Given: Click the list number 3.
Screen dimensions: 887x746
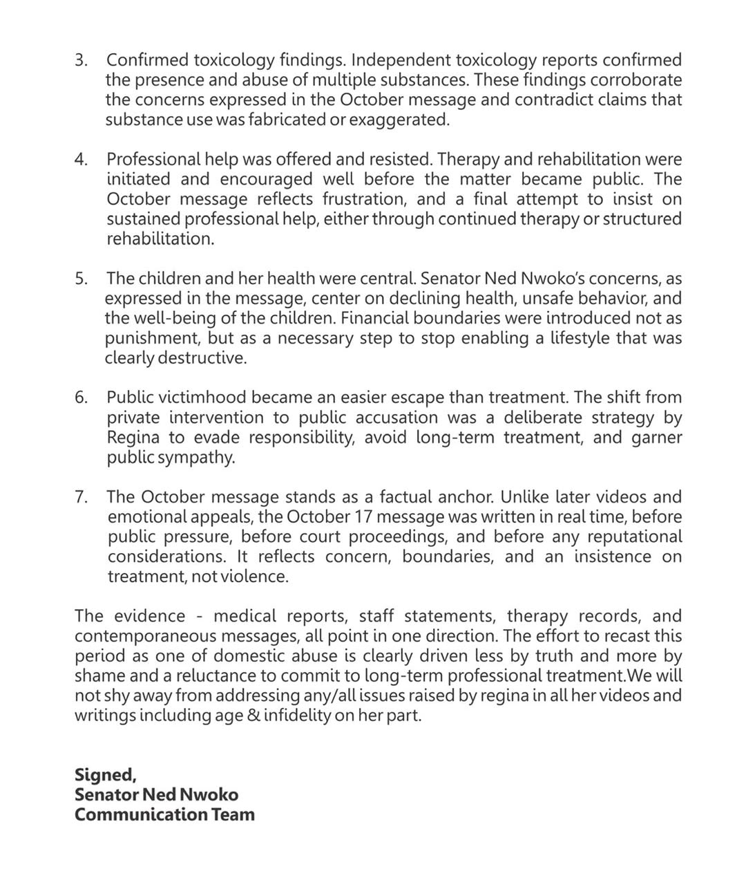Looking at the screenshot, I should (81, 60).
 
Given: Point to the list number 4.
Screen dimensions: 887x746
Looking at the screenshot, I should (81, 160).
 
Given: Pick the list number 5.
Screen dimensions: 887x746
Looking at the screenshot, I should (81, 279).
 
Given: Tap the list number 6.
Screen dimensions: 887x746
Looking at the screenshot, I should (81, 398).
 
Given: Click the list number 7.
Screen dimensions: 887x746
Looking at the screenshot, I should (81, 497).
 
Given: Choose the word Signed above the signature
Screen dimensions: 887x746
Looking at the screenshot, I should (105, 774).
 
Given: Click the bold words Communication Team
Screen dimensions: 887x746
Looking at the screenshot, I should (164, 814).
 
